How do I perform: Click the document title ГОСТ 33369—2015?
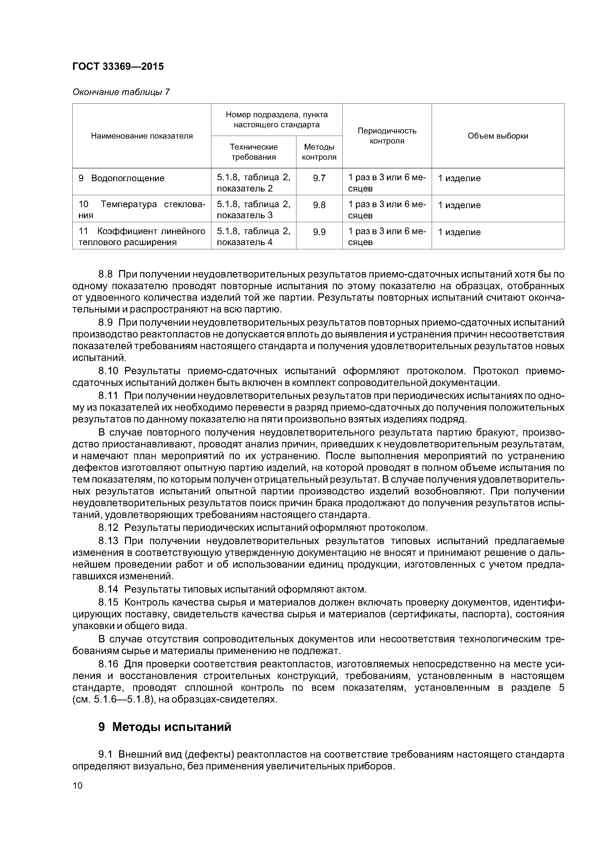[118, 67]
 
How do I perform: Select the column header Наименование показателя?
[142, 136]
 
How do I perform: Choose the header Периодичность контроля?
[387, 136]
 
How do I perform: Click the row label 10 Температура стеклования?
[142, 210]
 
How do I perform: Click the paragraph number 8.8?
[105, 274]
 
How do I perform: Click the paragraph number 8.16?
[108, 665]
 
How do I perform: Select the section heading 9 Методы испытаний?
[165, 727]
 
